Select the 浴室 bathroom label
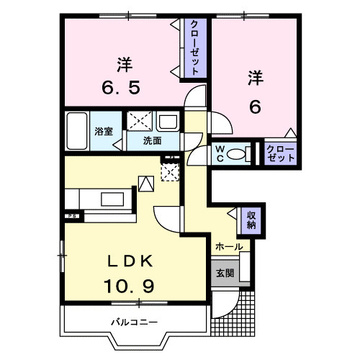click(104, 131)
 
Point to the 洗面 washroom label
click(150, 141)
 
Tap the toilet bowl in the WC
click(245, 153)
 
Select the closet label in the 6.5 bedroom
click(194, 48)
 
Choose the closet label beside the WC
click(280, 153)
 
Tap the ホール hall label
click(228, 247)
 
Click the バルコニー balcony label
click(134, 321)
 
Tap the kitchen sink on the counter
click(112, 197)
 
